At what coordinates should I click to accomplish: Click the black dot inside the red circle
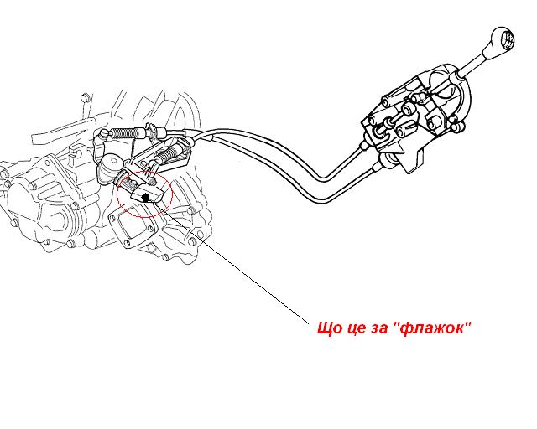point(145,198)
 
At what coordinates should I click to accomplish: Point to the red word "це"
point(358,330)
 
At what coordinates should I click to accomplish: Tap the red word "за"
point(382,330)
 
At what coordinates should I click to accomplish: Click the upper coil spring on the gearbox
point(127,132)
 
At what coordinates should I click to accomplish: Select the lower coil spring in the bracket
point(165,154)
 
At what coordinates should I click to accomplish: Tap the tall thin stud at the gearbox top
point(86,106)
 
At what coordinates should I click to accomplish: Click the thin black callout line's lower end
point(309,323)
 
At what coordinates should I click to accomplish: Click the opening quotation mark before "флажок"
point(395,324)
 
